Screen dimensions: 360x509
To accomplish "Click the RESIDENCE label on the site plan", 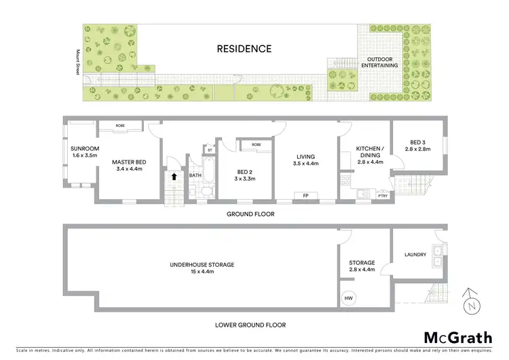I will (244, 49).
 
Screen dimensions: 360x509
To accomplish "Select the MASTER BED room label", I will (128, 165).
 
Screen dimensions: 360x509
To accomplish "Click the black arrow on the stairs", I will (174, 176).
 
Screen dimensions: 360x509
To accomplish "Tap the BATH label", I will (195, 176).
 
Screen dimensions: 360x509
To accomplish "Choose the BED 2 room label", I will (246, 176).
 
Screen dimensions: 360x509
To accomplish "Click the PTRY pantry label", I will (382, 196).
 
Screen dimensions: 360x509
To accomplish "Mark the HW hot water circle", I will (348, 298).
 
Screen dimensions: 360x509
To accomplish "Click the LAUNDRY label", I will (415, 255).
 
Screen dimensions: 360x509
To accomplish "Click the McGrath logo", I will (455, 338).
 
